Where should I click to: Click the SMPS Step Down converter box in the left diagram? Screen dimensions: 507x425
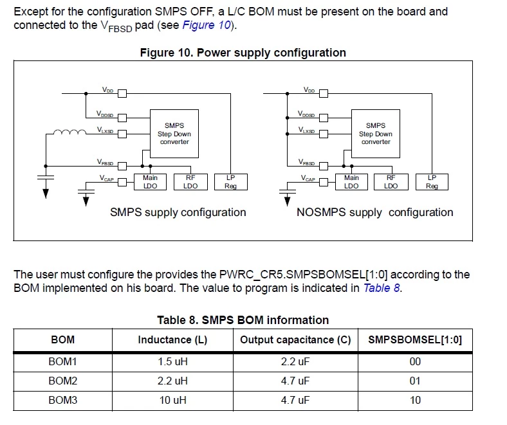click(174, 134)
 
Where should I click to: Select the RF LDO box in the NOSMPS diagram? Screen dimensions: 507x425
click(391, 182)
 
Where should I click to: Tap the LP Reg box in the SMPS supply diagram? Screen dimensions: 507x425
click(231, 182)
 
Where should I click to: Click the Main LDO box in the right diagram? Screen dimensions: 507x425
click(351, 182)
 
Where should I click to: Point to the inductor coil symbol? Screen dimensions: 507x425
click(69, 132)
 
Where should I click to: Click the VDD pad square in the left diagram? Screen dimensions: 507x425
click(122, 93)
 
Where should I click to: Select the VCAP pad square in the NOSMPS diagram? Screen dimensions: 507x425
click(324, 183)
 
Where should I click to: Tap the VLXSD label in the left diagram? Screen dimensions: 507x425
click(105, 130)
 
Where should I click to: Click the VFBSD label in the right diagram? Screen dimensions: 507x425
click(306, 162)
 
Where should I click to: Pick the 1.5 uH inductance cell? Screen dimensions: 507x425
click(172, 361)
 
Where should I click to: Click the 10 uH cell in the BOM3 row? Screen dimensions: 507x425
click(172, 401)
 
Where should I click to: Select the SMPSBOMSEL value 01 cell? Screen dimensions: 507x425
click(415, 381)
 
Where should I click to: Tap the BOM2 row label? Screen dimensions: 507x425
click(62, 381)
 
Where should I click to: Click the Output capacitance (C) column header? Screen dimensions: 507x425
click(295, 339)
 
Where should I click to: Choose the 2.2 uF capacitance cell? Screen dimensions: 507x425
click(295, 361)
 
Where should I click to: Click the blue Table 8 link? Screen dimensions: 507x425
click(382, 287)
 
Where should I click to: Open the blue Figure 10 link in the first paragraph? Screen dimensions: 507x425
click(207, 25)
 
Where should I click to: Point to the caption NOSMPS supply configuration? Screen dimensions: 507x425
click(374, 212)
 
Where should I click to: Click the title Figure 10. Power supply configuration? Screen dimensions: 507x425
click(243, 52)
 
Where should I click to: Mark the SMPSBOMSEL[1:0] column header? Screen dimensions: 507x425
click(415, 339)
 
